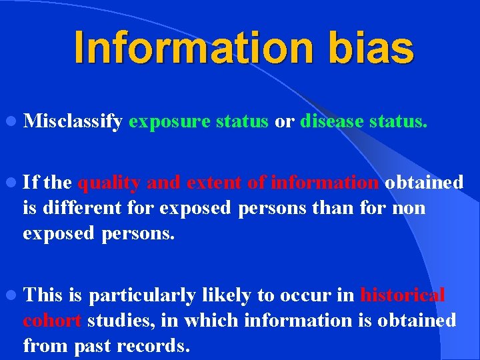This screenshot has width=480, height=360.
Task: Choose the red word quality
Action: pyautogui.click(x=109, y=183)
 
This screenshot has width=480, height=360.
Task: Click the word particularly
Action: pyautogui.click(x=141, y=295)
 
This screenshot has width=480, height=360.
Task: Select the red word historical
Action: pyautogui.click(x=402, y=295)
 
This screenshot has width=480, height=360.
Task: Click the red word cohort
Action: pyautogui.click(x=52, y=321)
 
